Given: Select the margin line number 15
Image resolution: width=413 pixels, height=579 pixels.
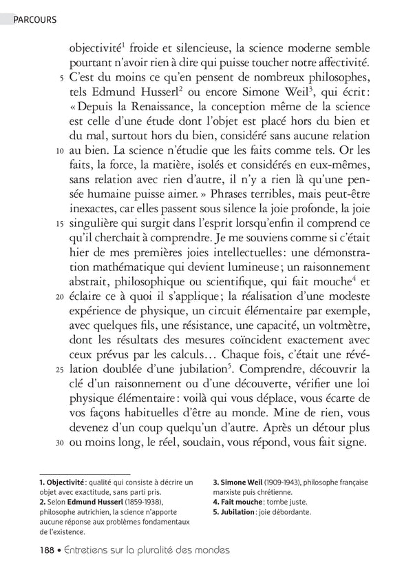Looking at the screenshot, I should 59,224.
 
